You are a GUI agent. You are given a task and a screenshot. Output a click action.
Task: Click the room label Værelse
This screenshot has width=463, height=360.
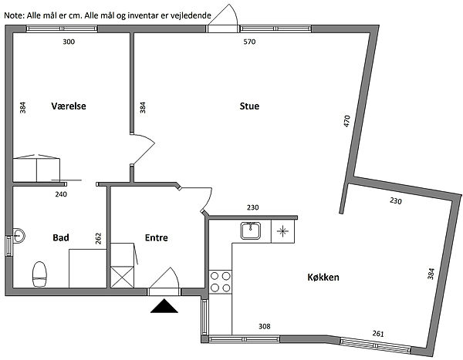click(x=69, y=107)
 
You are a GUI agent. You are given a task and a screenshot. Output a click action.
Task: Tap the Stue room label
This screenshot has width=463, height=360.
click(x=249, y=107)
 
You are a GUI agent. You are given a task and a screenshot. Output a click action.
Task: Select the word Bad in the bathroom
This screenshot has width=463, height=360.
click(x=62, y=238)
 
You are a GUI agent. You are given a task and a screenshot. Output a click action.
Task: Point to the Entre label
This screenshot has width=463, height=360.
click(x=157, y=238)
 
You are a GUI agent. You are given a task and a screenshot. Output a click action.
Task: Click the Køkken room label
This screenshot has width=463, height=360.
click(x=323, y=278)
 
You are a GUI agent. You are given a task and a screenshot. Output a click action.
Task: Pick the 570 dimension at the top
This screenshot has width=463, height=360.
click(x=249, y=42)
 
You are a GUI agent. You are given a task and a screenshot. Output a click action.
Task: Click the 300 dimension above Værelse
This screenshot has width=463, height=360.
click(x=69, y=42)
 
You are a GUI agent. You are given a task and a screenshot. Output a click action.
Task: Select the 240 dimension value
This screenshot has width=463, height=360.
click(x=61, y=195)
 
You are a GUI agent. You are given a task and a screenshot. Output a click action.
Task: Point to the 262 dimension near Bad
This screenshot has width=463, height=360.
click(x=99, y=238)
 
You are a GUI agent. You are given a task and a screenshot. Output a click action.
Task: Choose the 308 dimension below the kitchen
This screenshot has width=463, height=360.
click(x=264, y=327)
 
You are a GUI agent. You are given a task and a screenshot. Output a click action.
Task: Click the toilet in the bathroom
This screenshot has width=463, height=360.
click(x=40, y=273)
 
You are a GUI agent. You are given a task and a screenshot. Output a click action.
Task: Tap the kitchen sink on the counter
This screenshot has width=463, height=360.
click(x=251, y=230)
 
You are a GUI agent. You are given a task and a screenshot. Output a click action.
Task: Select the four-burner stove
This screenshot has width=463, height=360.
click(x=221, y=281)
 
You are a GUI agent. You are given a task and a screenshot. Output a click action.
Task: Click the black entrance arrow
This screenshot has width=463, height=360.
click(x=164, y=307)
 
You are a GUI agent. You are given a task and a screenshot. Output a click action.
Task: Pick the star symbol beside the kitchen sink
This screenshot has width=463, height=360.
click(x=282, y=230)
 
